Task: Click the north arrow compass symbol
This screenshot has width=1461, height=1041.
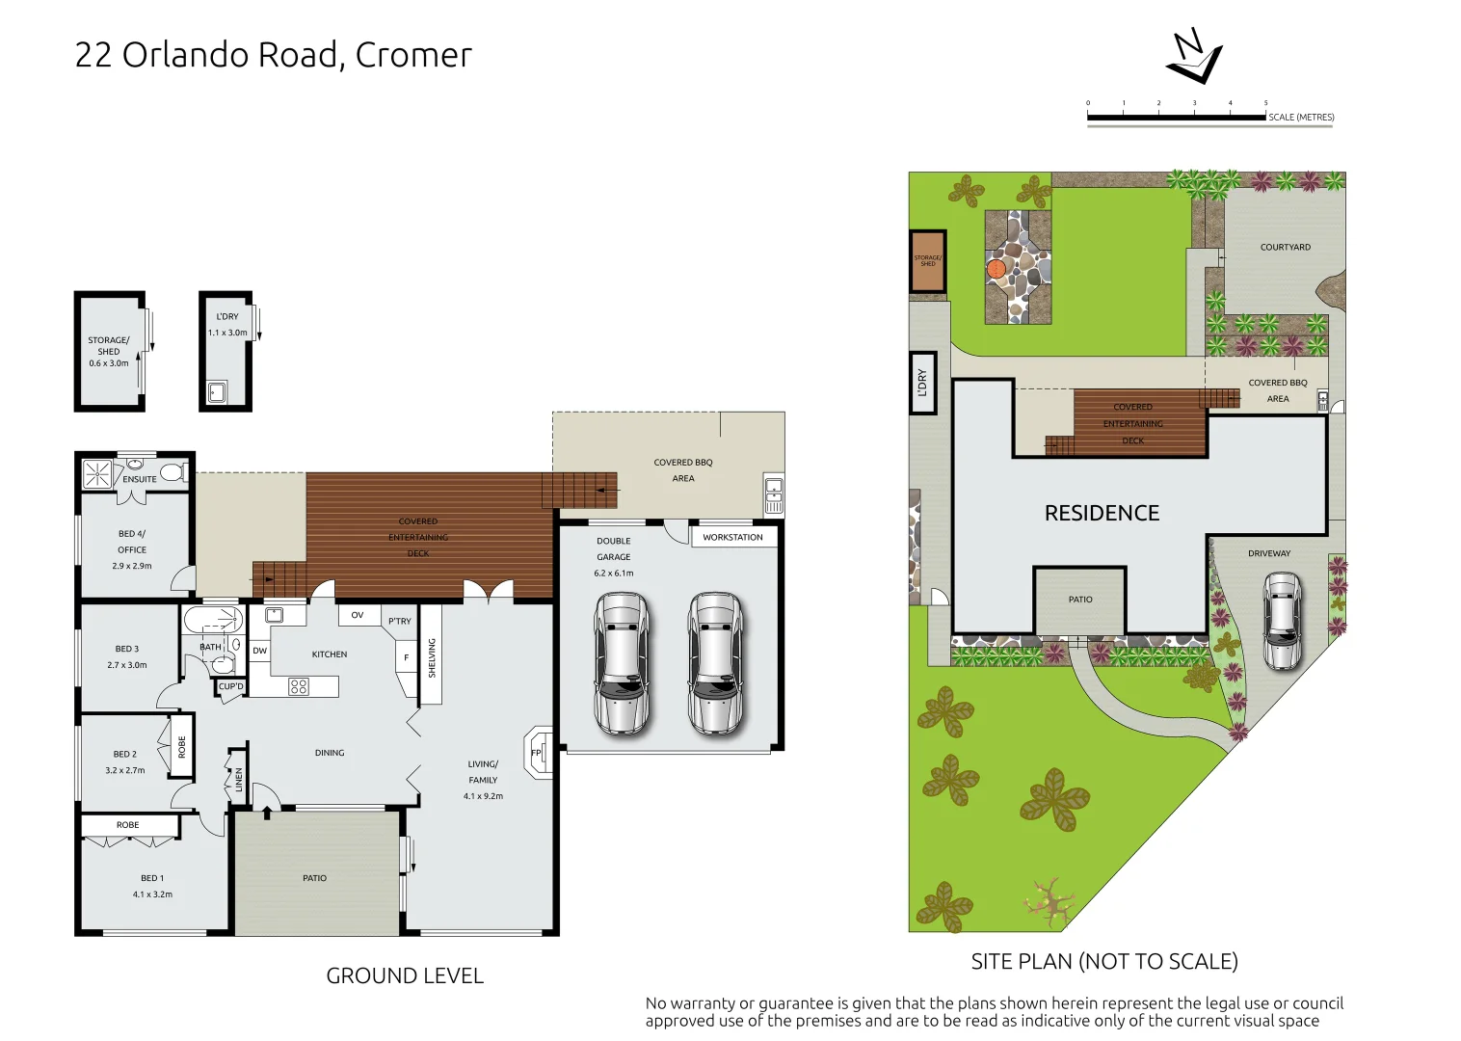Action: click(1194, 58)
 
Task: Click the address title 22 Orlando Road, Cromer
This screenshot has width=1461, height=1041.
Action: click(273, 55)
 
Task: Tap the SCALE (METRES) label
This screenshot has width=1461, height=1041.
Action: click(1301, 118)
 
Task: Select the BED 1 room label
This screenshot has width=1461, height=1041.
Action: click(152, 878)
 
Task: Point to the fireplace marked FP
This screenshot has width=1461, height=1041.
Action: click(538, 753)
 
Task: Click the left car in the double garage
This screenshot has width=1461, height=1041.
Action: click(622, 663)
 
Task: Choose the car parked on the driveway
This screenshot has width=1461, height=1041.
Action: click(1283, 621)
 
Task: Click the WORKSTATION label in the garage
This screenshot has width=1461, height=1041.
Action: click(732, 538)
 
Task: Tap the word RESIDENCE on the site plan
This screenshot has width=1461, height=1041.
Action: click(1102, 514)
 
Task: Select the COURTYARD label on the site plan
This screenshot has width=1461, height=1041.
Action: click(1285, 248)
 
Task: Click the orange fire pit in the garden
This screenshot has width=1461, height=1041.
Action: click(996, 269)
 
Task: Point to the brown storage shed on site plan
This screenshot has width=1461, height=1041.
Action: click(928, 260)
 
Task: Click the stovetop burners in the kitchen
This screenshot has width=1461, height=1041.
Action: click(299, 686)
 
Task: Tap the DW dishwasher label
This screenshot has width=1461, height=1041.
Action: click(259, 651)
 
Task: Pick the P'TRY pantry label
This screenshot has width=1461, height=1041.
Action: click(399, 622)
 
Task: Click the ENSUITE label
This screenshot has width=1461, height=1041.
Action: click(139, 479)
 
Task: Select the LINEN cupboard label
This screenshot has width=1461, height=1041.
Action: click(239, 779)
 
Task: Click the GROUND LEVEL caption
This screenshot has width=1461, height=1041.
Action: click(405, 976)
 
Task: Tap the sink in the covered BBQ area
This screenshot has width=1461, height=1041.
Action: click(773, 494)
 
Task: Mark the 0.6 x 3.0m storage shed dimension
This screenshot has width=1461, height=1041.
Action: click(109, 363)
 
